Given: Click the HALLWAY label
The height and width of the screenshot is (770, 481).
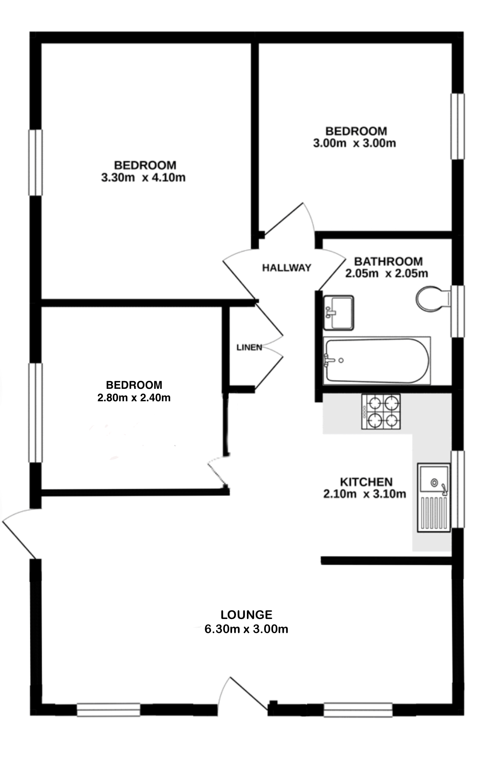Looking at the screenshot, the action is [287, 268].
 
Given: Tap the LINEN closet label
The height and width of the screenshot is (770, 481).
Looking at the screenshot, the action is [249, 347].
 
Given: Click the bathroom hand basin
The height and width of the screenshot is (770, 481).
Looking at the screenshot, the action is [338, 312].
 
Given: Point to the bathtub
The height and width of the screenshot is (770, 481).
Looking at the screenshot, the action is [377, 360].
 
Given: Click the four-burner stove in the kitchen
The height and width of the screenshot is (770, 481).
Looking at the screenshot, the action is [381, 412].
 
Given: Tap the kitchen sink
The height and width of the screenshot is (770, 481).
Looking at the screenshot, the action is [434, 497].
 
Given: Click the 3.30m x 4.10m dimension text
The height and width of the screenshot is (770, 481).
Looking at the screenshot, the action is [143, 178].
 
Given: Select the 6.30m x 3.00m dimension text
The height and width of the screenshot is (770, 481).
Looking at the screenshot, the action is [247, 629].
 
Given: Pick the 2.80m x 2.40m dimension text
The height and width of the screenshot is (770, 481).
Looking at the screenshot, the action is [134, 398].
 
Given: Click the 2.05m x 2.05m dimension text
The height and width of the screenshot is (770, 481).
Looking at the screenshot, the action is [387, 274].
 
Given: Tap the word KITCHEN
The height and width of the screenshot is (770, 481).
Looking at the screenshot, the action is [366, 482].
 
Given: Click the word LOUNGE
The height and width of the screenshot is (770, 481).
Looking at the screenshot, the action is [247, 615].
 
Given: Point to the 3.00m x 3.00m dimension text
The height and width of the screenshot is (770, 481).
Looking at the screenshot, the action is [355, 143].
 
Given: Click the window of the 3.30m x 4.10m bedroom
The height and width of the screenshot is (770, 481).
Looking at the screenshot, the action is [35, 162].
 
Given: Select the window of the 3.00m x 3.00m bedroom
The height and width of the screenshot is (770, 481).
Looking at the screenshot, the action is [458, 127].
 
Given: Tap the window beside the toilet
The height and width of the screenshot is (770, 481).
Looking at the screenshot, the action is [458, 311].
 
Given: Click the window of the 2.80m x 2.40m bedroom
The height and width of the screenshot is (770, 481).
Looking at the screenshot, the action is [35, 413].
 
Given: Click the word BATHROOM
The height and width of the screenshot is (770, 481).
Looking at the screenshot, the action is [388, 261].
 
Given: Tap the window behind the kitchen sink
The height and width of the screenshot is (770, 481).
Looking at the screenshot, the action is [458, 489].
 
